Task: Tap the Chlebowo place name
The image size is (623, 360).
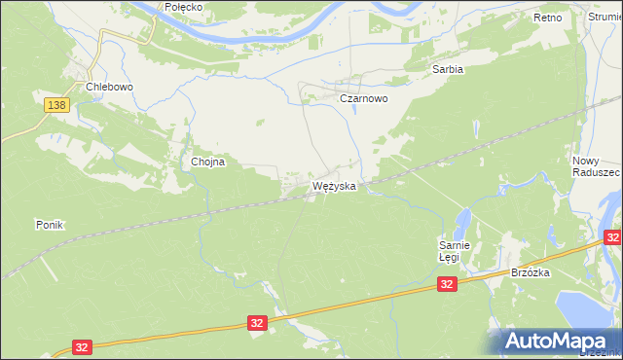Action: click(108, 86)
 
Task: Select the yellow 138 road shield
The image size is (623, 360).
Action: click(56, 104)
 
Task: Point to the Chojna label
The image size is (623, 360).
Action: click(207, 162)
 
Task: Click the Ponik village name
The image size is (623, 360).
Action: click(49, 225)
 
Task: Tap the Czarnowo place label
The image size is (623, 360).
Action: click(363, 99)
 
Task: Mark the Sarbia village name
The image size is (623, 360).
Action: click(447, 70)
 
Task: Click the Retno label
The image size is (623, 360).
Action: click(548, 18)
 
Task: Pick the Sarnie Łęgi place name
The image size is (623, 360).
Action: click(454, 251)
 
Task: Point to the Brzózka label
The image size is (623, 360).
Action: click(531, 273)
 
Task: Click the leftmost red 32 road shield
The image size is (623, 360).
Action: click(84, 347)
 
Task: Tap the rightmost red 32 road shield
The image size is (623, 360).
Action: click(612, 236)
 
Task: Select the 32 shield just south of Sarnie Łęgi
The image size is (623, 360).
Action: click(446, 283)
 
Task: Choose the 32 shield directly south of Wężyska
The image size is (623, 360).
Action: click(257, 322)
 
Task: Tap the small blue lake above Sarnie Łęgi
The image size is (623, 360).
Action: click(464, 220)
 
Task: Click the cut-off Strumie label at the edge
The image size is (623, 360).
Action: click(605, 18)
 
